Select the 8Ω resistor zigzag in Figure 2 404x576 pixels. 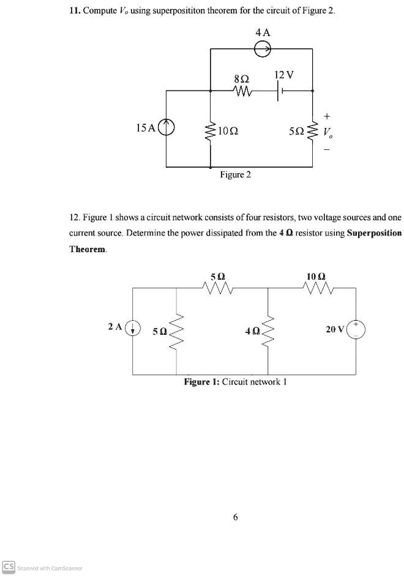click(242, 91)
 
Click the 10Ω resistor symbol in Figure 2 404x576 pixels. click(211, 129)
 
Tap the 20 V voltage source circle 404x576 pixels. click(356, 329)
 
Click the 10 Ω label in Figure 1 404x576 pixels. click(317, 275)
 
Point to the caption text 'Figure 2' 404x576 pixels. click(236, 175)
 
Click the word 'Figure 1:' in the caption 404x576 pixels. click(201, 381)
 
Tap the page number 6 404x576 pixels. click(235, 517)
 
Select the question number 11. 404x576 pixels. click(75, 13)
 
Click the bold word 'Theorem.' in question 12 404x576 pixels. click(88, 249)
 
